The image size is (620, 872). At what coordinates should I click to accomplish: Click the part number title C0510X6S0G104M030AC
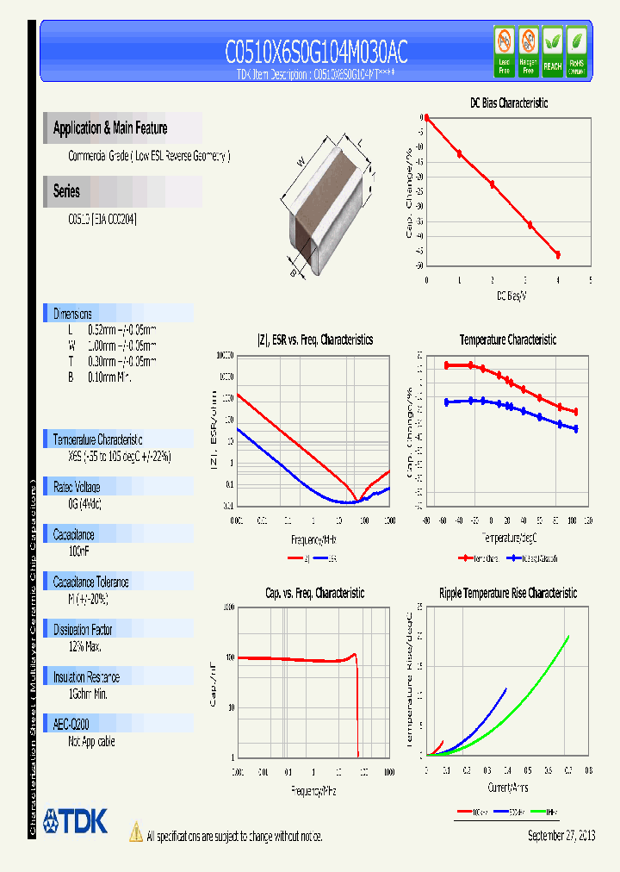(x=316, y=53)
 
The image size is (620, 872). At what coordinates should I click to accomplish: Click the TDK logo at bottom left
(x=76, y=821)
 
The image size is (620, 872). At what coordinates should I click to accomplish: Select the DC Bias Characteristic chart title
(x=509, y=103)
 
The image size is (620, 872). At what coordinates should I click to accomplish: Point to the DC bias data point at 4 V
(x=558, y=255)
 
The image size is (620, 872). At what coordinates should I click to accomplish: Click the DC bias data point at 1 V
(x=459, y=153)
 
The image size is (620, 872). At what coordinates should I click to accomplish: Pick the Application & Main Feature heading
(x=110, y=128)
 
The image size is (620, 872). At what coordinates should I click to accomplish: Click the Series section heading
(x=66, y=192)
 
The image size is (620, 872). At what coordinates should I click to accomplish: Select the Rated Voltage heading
(x=77, y=487)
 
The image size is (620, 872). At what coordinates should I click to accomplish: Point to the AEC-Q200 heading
(x=72, y=725)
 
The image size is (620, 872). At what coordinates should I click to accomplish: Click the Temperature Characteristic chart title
(x=508, y=340)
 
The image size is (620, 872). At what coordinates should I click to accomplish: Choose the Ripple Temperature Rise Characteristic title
(x=508, y=594)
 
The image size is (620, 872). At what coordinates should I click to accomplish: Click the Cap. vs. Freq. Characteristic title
(x=314, y=594)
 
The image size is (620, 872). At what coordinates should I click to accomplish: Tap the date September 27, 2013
(x=561, y=836)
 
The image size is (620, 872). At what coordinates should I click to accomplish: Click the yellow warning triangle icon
(x=135, y=832)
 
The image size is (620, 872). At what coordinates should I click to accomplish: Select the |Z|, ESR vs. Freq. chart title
(x=315, y=340)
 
